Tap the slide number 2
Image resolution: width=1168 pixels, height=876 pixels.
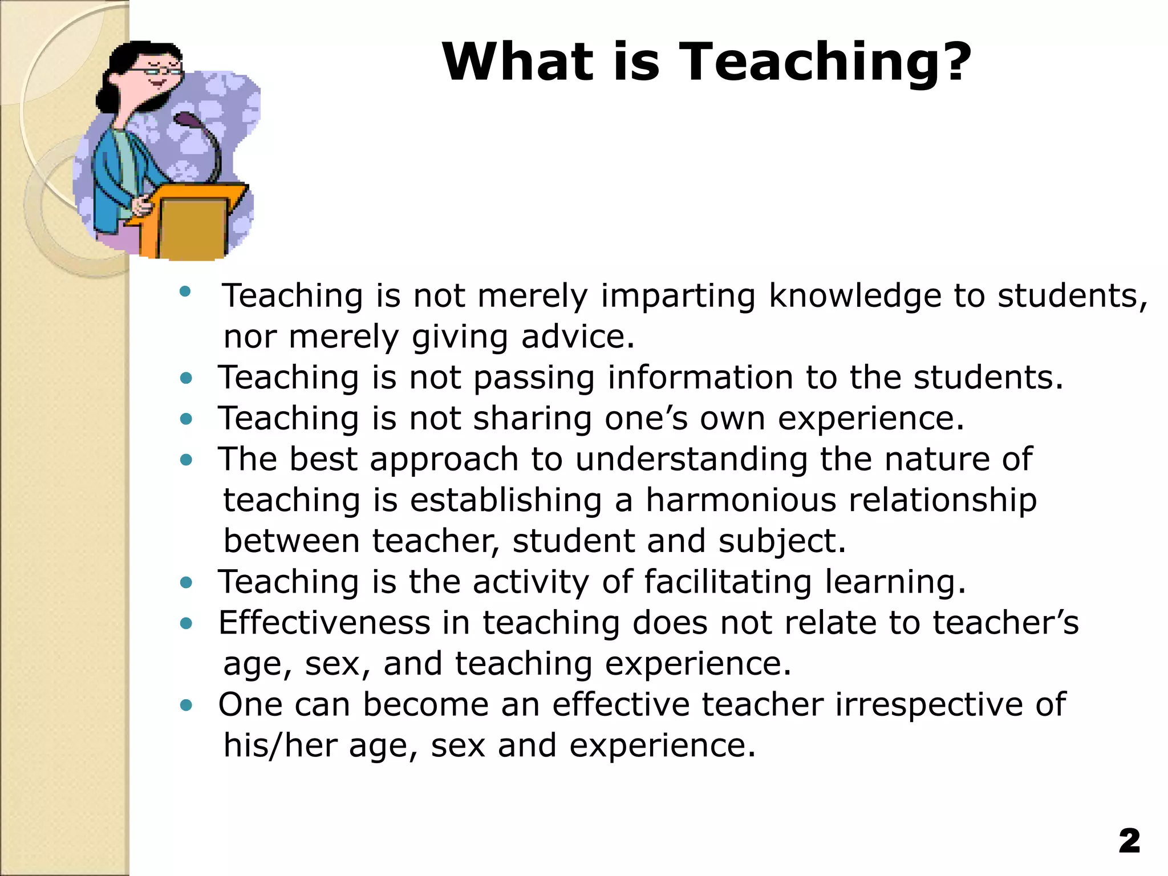pos(1129,842)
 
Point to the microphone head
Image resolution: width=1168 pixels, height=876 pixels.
pos(186,120)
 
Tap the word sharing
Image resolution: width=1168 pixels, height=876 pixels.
pos(533,419)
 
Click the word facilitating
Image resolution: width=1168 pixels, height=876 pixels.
pos(727,582)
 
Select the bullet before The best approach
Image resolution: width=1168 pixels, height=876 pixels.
pos(186,460)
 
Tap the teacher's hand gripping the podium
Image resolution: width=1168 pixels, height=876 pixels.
pos(143,204)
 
